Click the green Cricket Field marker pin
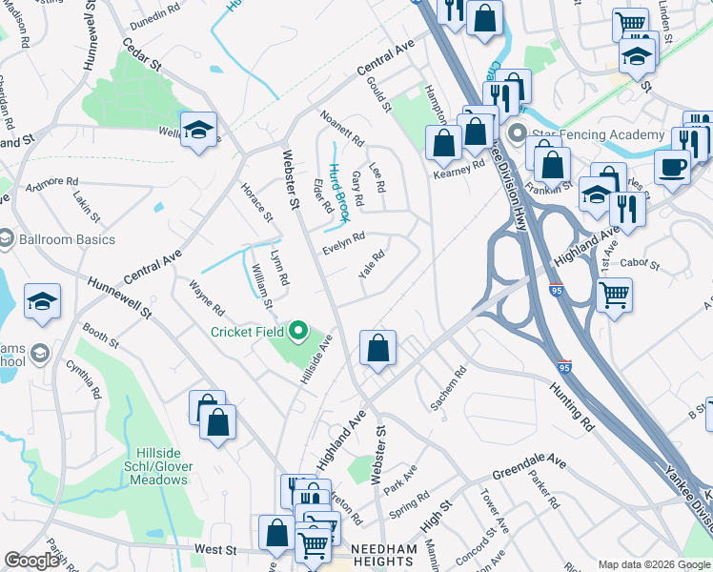pos(298,332)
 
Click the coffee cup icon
pos(673,167)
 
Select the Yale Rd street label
pos(372,263)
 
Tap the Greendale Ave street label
pos(529,467)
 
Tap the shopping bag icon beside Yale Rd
pos(378,348)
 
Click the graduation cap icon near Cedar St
pos(198,130)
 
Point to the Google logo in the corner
pos(31,561)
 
